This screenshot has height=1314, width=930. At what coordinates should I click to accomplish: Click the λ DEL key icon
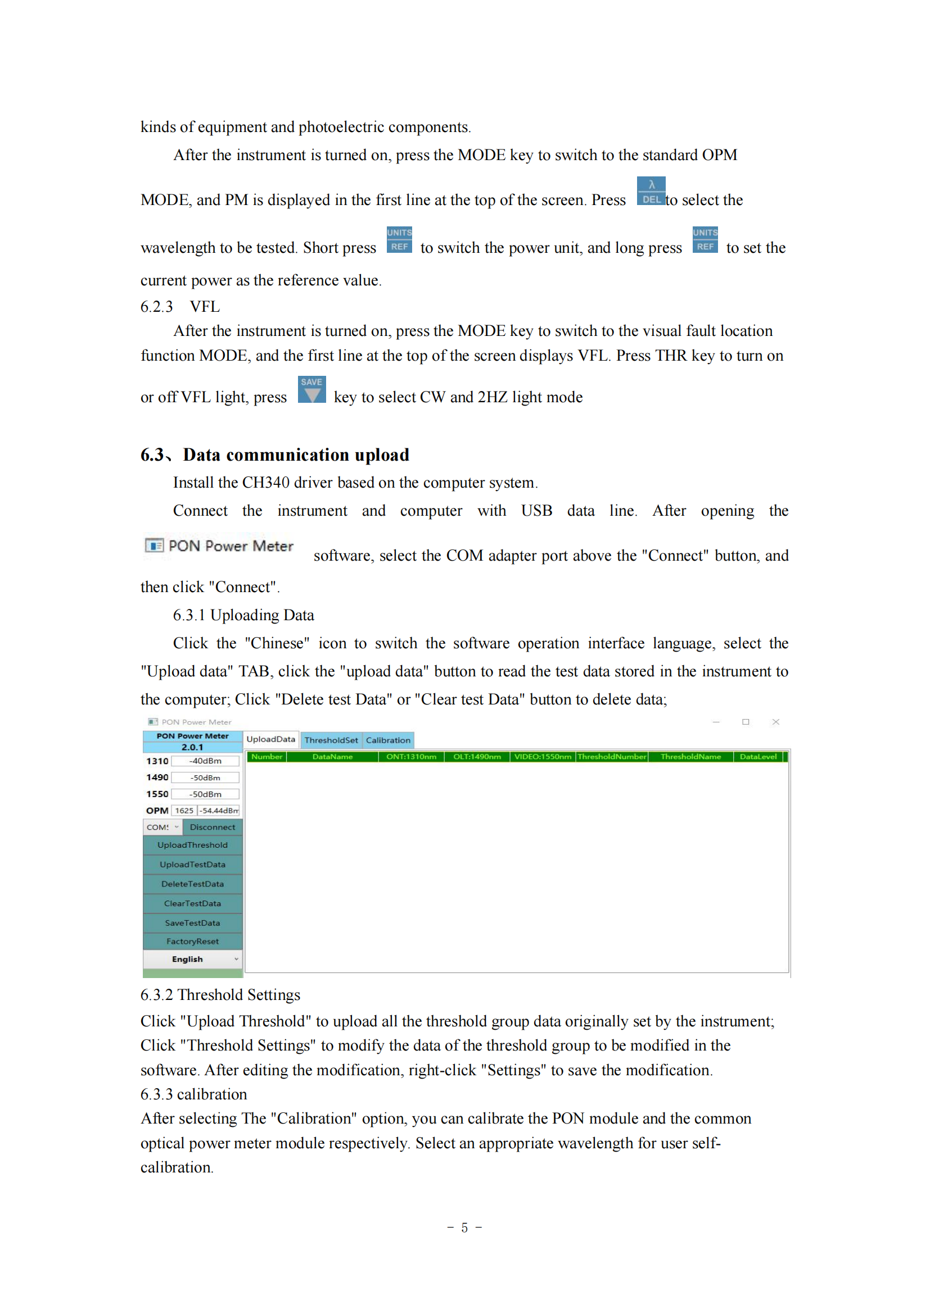[x=651, y=191]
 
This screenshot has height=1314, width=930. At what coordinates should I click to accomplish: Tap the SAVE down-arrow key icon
[x=311, y=390]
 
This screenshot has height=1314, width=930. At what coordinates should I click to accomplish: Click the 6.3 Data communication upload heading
[x=275, y=455]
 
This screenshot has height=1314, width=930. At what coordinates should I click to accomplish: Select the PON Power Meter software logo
[x=219, y=546]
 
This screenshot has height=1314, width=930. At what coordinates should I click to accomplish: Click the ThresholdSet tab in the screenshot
[x=331, y=740]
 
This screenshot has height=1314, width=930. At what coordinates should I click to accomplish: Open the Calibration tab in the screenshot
[x=388, y=740]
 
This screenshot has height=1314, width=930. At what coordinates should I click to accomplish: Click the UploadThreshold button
[x=192, y=845]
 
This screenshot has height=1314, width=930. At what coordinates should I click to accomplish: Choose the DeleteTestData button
[x=192, y=884]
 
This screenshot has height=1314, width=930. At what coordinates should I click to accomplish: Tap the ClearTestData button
[x=192, y=904]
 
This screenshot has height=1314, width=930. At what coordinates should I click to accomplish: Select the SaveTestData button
[x=192, y=923]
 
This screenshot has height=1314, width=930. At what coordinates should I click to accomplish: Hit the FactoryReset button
[x=192, y=942]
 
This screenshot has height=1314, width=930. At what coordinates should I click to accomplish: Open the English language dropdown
[x=192, y=960]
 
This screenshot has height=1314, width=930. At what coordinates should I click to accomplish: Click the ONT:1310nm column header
[x=411, y=757]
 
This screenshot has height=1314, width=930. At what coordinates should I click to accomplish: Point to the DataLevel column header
[x=758, y=757]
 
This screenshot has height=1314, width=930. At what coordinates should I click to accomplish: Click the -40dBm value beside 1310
[x=205, y=761]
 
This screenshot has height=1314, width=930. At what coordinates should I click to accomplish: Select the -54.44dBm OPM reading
[x=219, y=811]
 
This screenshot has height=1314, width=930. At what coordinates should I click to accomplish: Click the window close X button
[x=776, y=722]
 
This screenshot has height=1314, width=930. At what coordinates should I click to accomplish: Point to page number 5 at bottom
[x=464, y=1227]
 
